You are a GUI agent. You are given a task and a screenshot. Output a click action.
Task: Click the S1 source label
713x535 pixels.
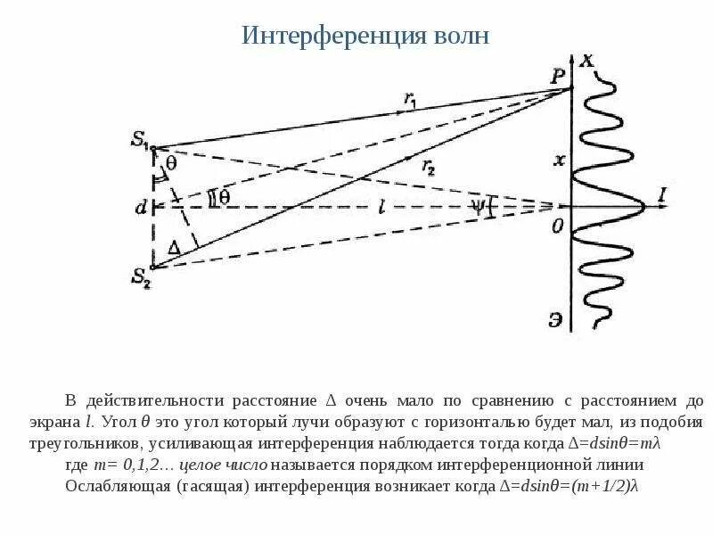click(140, 139)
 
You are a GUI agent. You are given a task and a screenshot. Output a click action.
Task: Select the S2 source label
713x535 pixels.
click(142, 277)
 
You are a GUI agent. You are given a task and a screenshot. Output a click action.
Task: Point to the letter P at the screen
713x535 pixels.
click(558, 77)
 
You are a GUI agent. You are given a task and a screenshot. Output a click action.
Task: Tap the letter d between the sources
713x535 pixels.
click(141, 208)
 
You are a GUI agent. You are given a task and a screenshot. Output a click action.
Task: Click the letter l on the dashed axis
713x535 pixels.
click(381, 206)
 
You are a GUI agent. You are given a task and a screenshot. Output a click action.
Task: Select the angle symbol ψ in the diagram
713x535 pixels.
click(479, 206)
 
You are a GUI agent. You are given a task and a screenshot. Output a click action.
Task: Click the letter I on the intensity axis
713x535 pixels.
click(661, 193)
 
